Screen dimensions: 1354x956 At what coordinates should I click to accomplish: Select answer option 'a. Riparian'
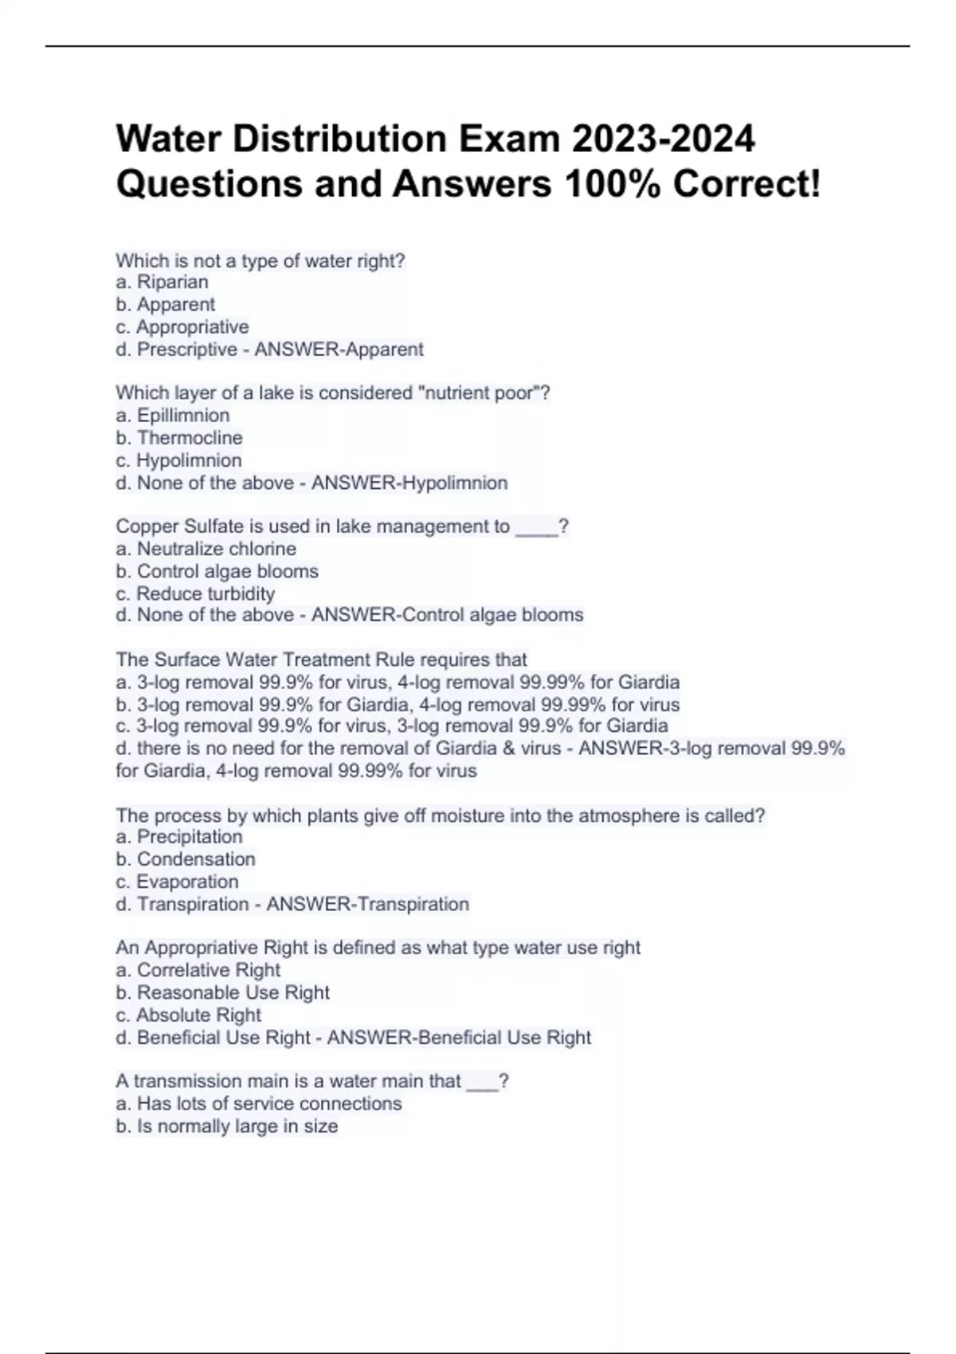point(162,282)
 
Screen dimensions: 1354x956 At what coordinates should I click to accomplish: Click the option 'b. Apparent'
point(165,304)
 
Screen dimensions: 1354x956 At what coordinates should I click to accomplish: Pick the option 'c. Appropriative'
point(182,327)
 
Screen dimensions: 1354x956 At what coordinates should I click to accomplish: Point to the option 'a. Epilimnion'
point(172,415)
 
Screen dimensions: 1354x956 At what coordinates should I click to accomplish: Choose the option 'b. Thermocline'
point(178,437)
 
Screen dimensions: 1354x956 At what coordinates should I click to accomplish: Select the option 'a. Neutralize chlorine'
point(206,549)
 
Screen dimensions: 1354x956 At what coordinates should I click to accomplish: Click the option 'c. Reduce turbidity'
point(194,593)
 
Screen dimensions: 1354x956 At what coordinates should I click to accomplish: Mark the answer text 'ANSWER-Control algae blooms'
point(447,615)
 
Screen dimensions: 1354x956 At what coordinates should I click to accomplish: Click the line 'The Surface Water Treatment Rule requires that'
point(321,659)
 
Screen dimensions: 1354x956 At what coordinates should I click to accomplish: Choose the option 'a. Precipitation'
point(178,836)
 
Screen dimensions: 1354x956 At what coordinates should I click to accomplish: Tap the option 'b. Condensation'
point(185,859)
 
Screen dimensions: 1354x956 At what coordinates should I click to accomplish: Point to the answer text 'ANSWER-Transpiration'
point(367,904)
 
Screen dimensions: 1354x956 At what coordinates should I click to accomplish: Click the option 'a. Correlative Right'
point(198,970)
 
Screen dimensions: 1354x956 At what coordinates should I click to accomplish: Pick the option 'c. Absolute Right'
point(188,1015)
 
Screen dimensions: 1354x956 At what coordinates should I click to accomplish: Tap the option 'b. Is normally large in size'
point(226,1126)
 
